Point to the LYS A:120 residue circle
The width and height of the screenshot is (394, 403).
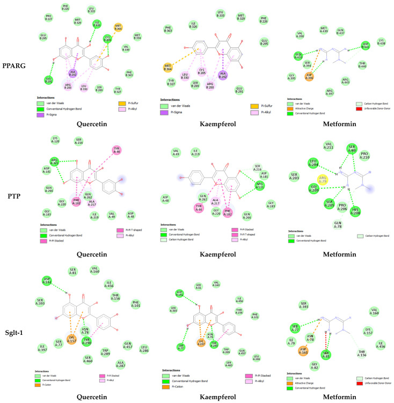pos(55,140)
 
